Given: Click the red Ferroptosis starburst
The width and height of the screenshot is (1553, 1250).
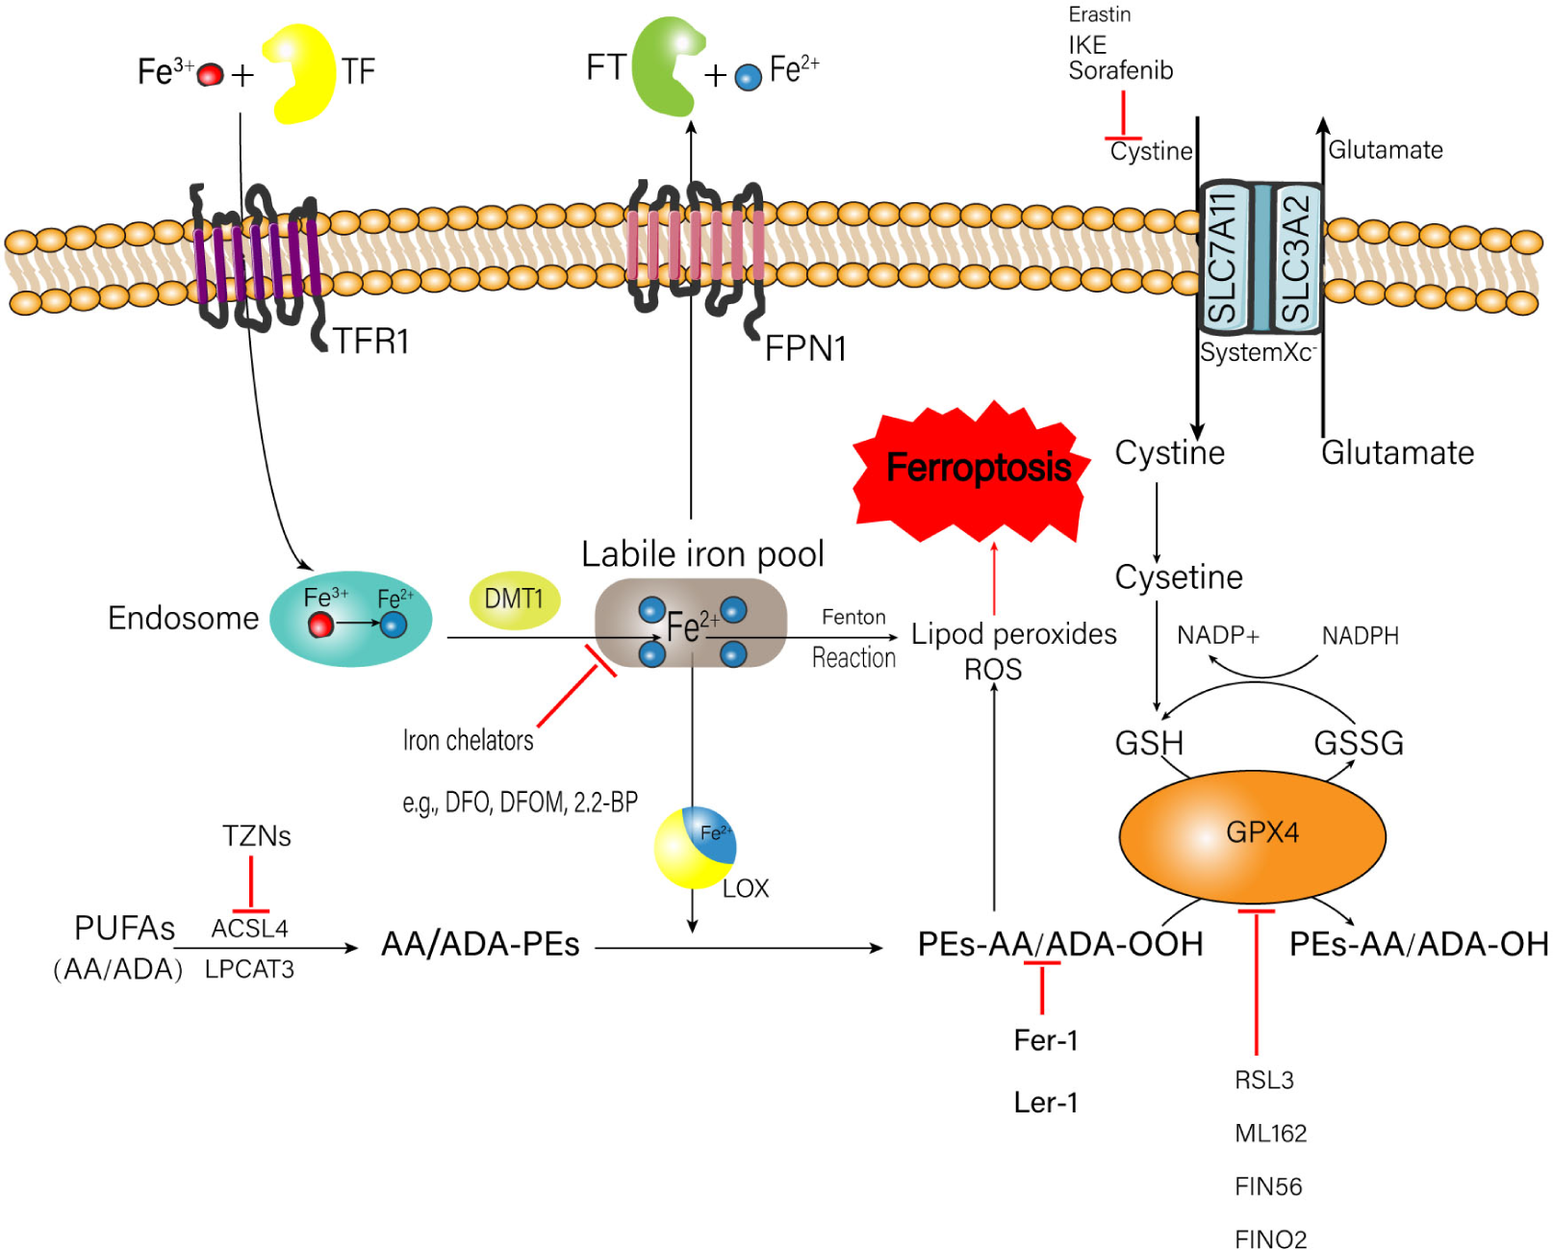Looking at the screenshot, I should click(972, 472).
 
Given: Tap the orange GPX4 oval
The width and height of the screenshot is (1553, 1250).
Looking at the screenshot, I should click(1251, 833).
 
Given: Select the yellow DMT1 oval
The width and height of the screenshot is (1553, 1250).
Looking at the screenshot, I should click(514, 599).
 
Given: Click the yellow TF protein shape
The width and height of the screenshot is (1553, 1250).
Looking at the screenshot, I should click(302, 75).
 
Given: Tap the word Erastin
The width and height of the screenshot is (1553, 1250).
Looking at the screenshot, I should click(1099, 14).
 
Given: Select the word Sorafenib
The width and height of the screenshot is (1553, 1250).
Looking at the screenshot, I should click(1120, 70).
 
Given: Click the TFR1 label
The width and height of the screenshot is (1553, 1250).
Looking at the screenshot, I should click(371, 341).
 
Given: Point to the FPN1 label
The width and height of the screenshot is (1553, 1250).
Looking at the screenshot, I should click(805, 348).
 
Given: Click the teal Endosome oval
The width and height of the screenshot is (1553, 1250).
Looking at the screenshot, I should click(351, 619).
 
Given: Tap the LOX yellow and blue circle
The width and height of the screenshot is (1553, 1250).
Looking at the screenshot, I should click(695, 848).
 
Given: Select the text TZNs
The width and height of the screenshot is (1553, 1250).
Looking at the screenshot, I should click(256, 835).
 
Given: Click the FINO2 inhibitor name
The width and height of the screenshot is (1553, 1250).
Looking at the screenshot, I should click(1270, 1238).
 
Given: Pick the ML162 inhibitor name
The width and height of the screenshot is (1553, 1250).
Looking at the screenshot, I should click(1270, 1133).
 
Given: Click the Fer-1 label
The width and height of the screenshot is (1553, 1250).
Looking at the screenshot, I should click(1045, 1040).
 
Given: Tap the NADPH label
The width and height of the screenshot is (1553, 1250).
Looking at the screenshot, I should click(1359, 636).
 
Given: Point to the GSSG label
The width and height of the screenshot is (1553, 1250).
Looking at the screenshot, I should click(1358, 743).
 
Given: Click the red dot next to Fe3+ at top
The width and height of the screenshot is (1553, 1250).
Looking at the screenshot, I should click(210, 75).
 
